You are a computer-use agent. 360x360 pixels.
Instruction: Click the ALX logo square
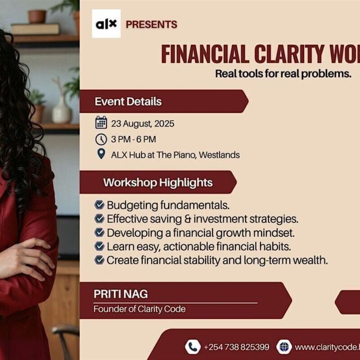(106, 23)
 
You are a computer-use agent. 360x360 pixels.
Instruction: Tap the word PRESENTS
(151, 24)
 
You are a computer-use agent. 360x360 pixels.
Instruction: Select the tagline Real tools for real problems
(283, 73)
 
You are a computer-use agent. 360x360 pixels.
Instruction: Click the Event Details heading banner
(128, 101)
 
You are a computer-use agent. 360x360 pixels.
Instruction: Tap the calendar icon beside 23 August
(101, 123)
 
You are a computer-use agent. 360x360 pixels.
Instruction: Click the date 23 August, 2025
(143, 123)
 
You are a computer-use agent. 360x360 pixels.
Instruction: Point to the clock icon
(101, 139)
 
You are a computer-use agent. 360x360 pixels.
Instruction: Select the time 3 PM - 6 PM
(134, 139)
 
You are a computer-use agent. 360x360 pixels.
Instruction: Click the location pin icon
(101, 154)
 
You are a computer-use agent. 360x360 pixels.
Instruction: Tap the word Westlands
(219, 155)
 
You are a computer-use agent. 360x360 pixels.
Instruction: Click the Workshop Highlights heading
(157, 183)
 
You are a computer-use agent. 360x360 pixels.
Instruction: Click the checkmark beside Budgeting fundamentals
(99, 205)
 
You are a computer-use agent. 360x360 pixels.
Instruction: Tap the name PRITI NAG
(121, 294)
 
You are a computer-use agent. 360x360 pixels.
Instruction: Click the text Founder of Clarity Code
(139, 309)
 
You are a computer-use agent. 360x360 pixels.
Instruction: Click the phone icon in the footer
(193, 346)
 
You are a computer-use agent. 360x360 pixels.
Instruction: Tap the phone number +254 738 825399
(236, 347)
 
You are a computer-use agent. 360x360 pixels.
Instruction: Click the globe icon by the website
(284, 346)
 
